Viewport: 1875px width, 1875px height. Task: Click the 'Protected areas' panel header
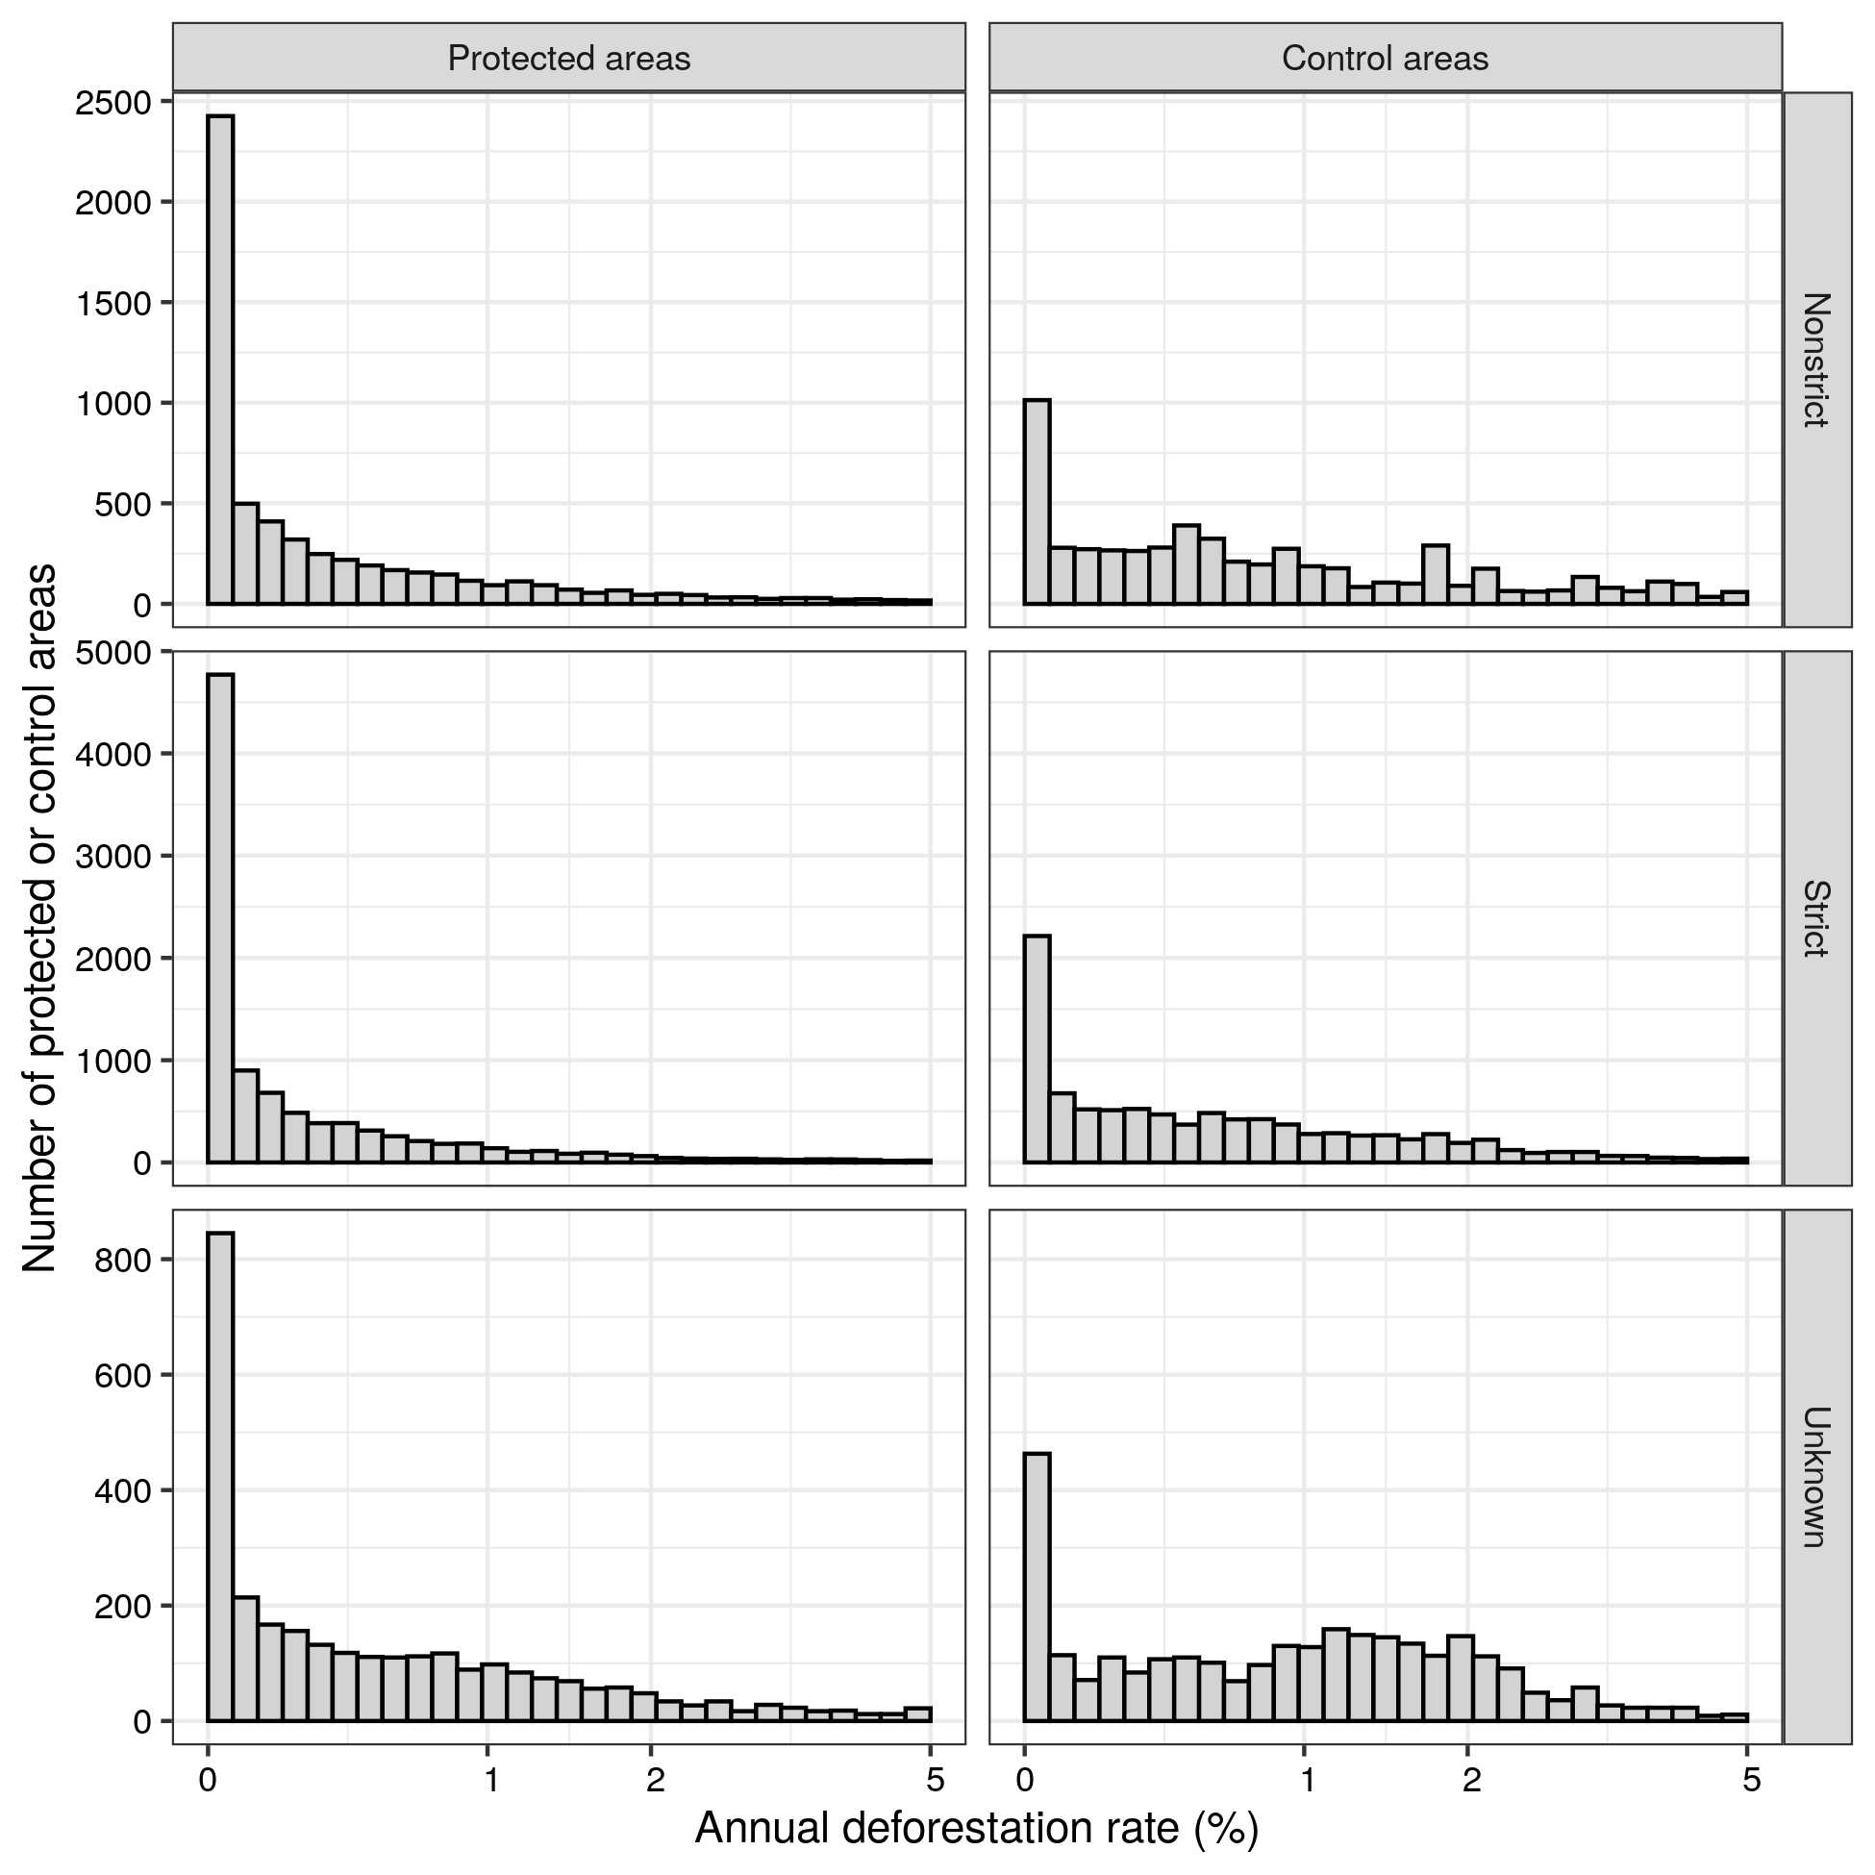point(568,59)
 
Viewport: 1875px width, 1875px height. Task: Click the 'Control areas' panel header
point(1385,59)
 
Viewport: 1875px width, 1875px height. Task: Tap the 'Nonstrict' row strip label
point(1815,360)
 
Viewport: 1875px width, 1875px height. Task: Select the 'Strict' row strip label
point(1815,918)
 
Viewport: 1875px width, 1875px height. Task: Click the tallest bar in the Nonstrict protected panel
point(220,359)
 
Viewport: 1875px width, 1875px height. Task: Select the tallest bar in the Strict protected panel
point(220,917)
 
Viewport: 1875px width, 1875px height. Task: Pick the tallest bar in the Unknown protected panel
point(220,1475)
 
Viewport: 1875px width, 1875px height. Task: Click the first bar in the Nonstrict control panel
point(1037,502)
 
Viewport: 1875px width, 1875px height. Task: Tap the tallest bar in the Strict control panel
point(1037,1048)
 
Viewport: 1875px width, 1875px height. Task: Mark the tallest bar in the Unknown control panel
point(1037,1586)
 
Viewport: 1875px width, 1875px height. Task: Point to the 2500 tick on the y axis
point(113,102)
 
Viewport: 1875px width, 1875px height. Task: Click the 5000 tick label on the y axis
point(113,651)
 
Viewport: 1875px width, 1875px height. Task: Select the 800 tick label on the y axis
point(123,1261)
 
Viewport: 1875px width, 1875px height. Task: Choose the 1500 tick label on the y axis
point(113,304)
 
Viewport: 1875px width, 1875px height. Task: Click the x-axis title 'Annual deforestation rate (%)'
point(976,1829)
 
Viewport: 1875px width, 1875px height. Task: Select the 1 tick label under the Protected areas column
point(492,1780)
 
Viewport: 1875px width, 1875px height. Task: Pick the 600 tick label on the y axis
point(123,1376)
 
